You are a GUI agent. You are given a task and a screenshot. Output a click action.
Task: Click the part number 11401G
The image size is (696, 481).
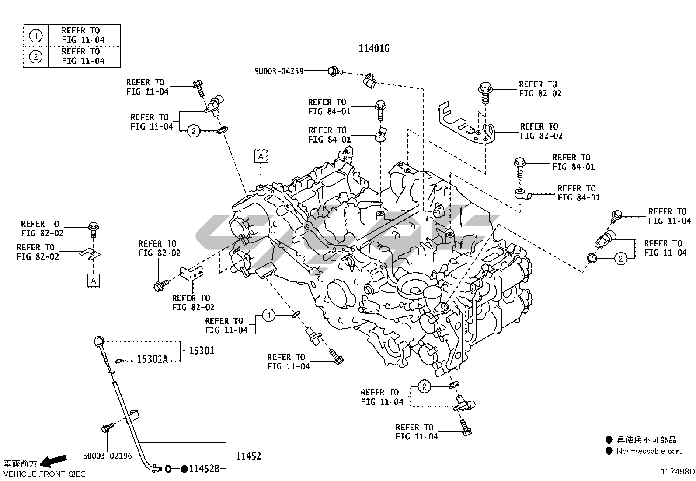pyautogui.click(x=374, y=49)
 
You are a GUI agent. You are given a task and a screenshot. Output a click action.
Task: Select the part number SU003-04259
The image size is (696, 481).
pyautogui.click(x=279, y=71)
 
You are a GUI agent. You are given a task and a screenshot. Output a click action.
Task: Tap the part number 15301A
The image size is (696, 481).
pyautogui.click(x=152, y=360)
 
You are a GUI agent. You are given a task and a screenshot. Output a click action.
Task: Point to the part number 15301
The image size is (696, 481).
pyautogui.click(x=202, y=351)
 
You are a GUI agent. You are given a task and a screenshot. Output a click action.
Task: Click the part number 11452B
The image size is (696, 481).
pyautogui.click(x=204, y=469)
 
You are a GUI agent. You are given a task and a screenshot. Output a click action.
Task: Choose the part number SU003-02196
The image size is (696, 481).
pyautogui.click(x=108, y=456)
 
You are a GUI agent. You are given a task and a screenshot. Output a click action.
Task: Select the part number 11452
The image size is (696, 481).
pyautogui.click(x=248, y=456)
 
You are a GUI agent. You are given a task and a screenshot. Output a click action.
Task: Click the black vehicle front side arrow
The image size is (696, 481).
pyautogui.click(x=53, y=460)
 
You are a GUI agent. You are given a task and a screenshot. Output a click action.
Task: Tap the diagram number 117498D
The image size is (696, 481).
pyautogui.click(x=677, y=472)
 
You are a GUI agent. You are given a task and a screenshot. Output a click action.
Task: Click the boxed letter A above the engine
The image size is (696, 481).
pyautogui.click(x=261, y=156)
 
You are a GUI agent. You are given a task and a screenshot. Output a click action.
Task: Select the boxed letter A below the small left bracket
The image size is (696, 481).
pyautogui.click(x=93, y=280)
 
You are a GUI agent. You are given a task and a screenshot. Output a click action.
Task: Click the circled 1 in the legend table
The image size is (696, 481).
pyautogui.click(x=36, y=35)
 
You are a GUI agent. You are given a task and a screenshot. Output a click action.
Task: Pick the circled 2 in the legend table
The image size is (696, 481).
pyautogui.click(x=36, y=56)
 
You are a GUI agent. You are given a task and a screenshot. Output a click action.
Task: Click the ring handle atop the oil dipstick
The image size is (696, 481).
pyautogui.click(x=99, y=341)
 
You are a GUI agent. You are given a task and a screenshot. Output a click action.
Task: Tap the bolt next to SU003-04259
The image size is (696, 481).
pyautogui.click(x=335, y=70)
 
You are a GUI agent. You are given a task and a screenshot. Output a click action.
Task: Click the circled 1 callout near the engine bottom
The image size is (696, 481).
pyautogui.click(x=268, y=315)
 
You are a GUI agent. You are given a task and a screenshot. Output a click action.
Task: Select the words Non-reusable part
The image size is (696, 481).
pyautogui.click(x=649, y=451)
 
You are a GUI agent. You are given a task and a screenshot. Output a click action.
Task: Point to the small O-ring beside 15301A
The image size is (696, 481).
pyautogui.click(x=118, y=361)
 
